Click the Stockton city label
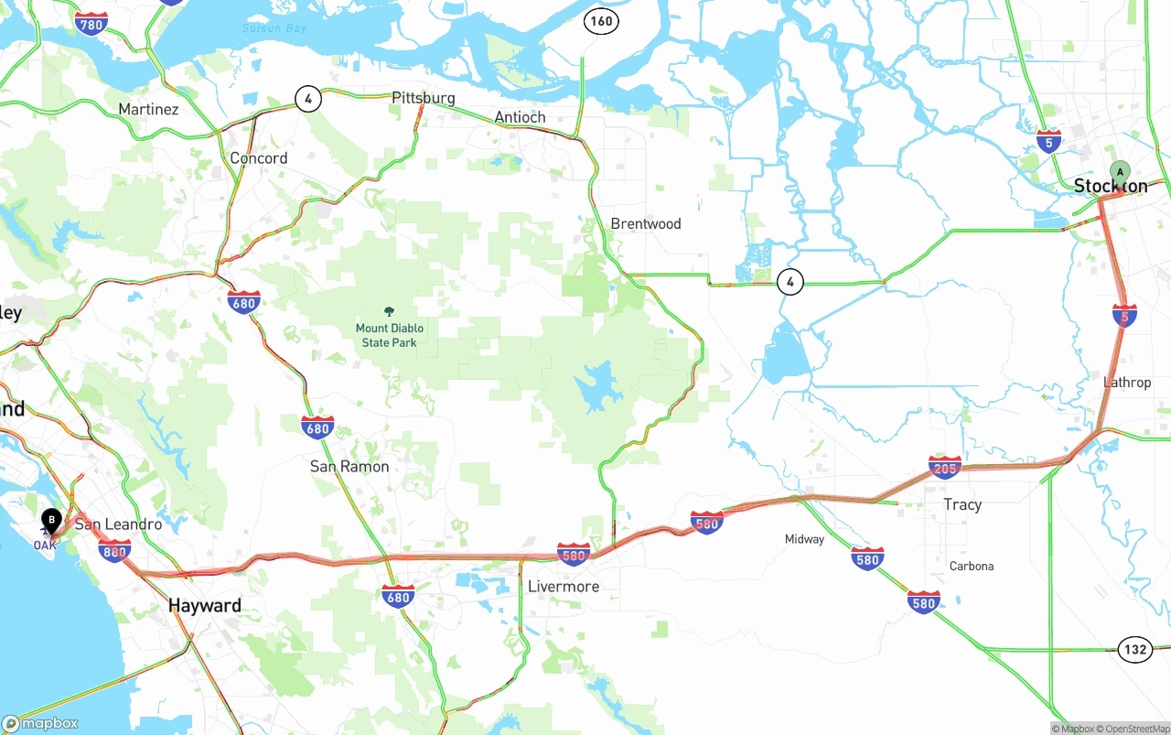(1110, 186)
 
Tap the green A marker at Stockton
(1120, 171)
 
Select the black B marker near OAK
(52, 520)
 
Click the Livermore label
(564, 587)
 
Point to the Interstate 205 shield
(944, 468)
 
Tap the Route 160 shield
(601, 21)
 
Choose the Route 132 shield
(1134, 650)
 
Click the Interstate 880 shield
(114, 549)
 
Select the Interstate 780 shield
(91, 25)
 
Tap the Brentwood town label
(646, 224)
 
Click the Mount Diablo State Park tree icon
(390, 312)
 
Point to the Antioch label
(520, 117)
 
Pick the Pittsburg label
(423, 98)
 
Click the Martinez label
(148, 110)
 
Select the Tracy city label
(962, 504)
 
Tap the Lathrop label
(1127, 383)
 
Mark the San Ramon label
(349, 467)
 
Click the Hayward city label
(205, 606)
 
